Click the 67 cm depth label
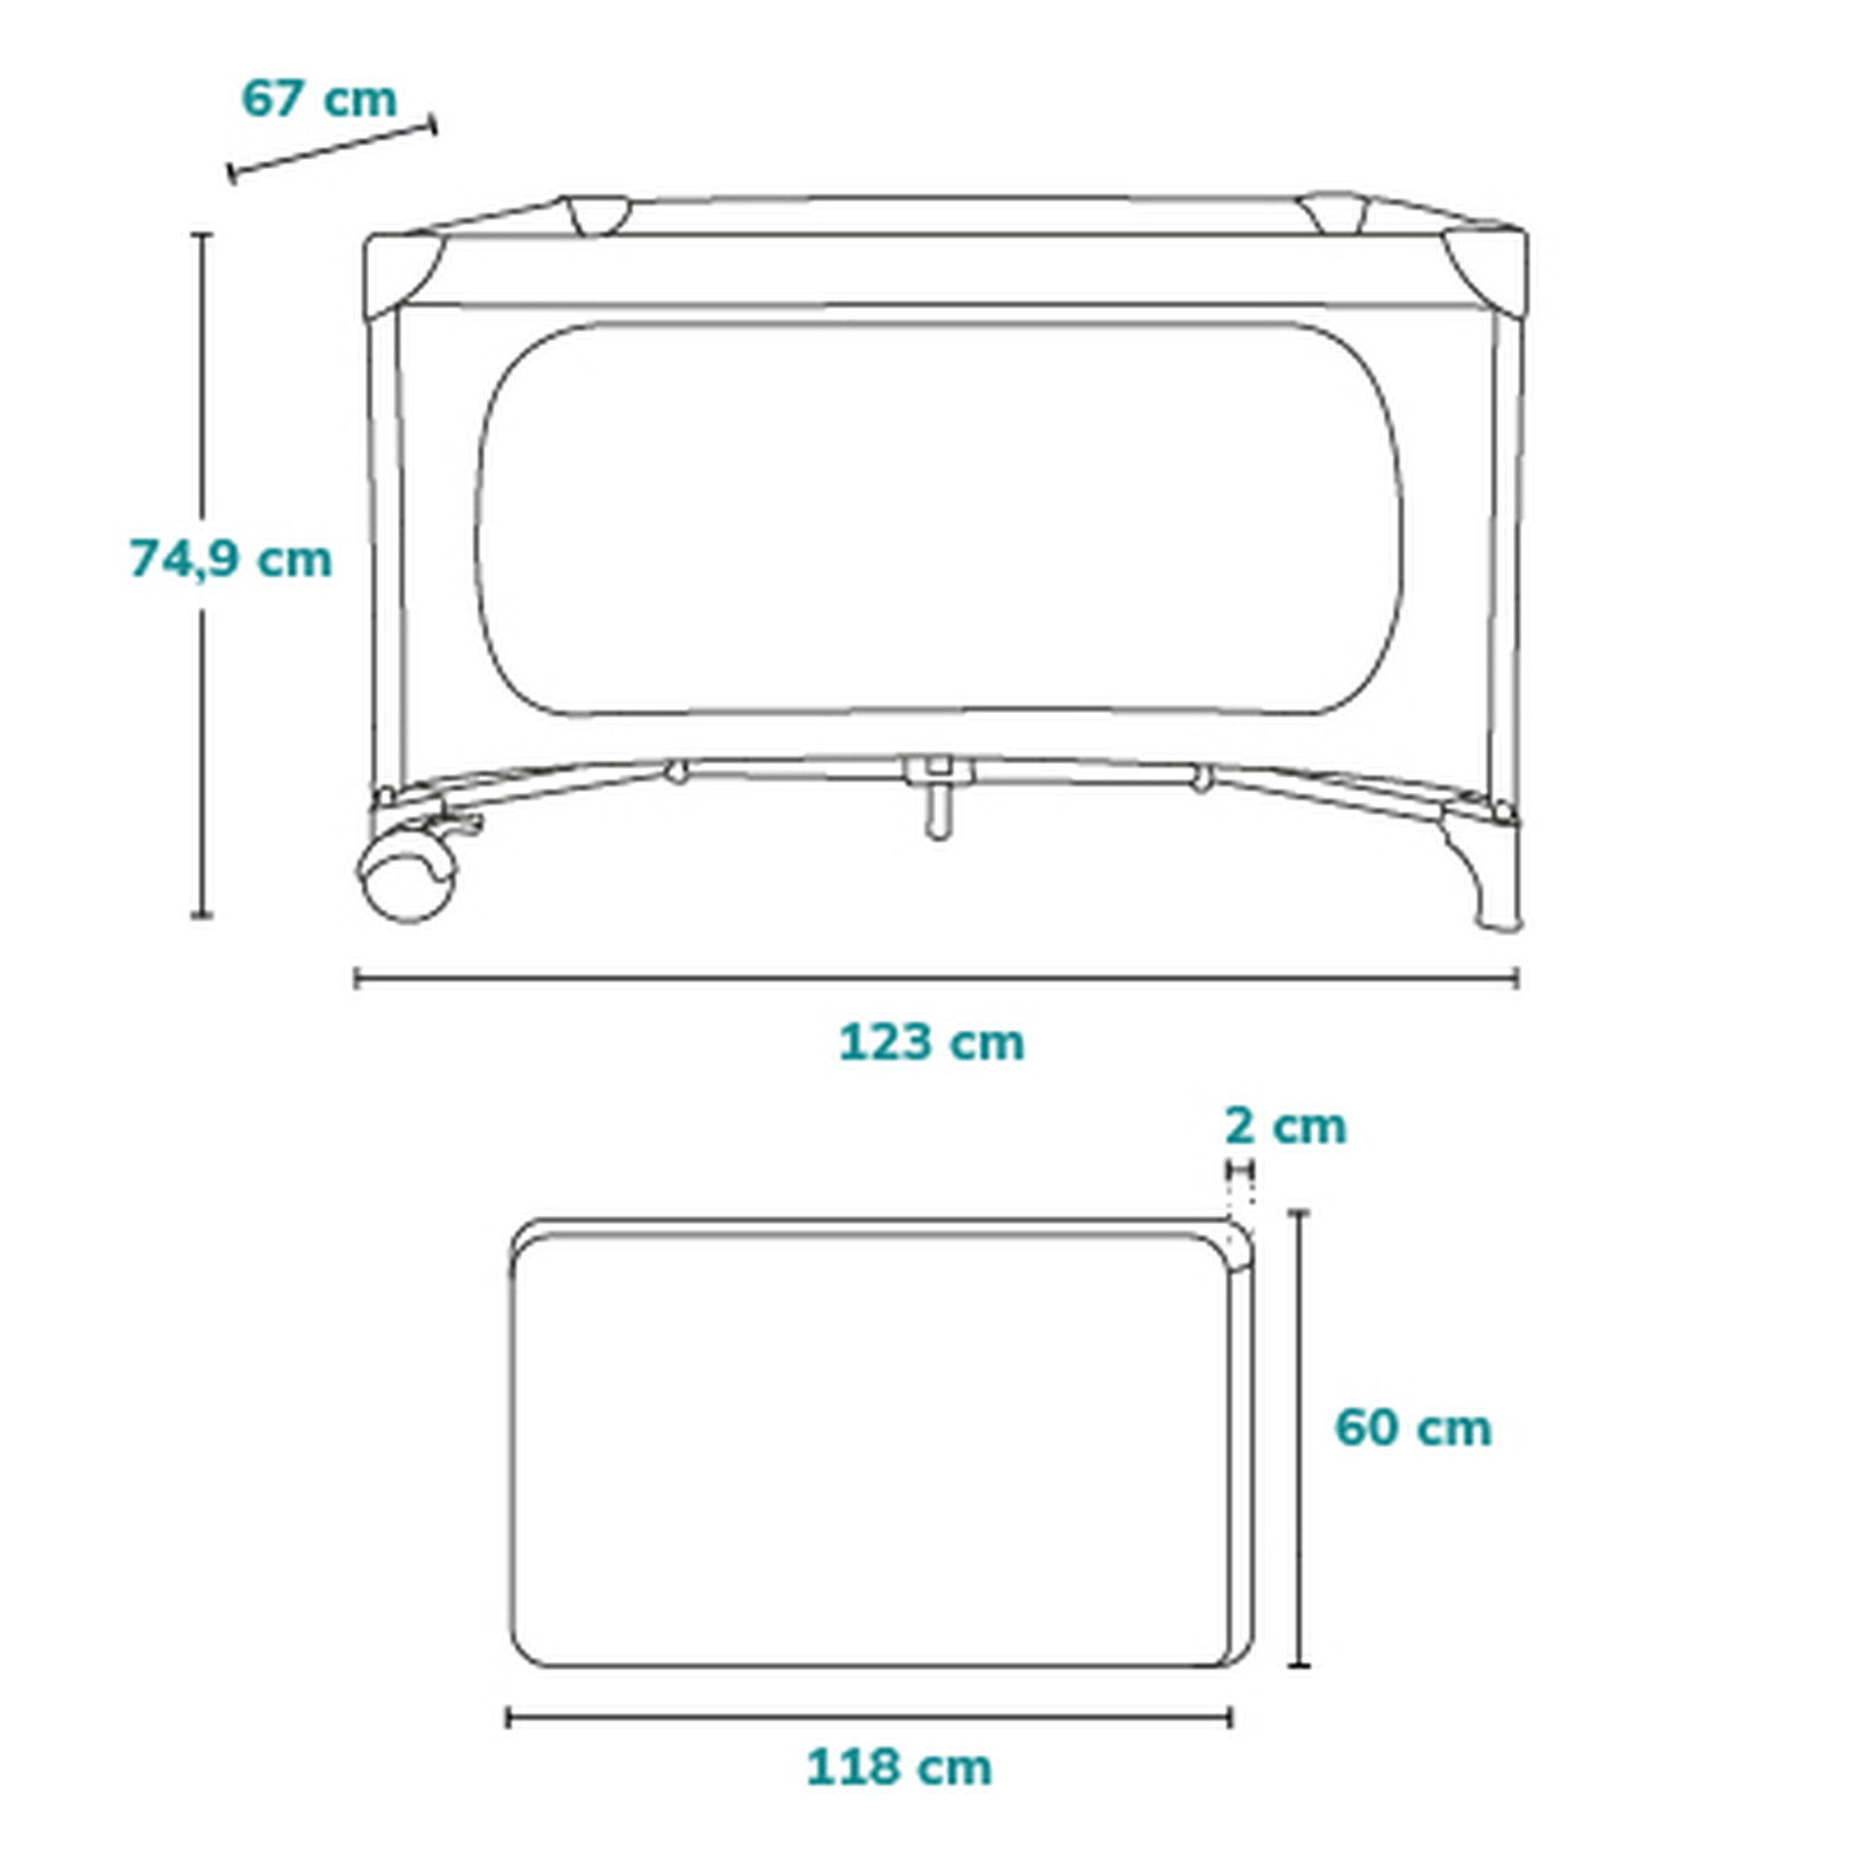[x=319, y=99]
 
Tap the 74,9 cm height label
[x=231, y=559]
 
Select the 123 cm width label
[x=931, y=1043]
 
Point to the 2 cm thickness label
[x=1285, y=1126]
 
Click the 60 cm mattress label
[x=1413, y=1428]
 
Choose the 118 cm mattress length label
[x=899, y=1768]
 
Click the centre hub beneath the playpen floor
[x=938, y=797]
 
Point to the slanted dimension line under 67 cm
[x=332, y=149]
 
